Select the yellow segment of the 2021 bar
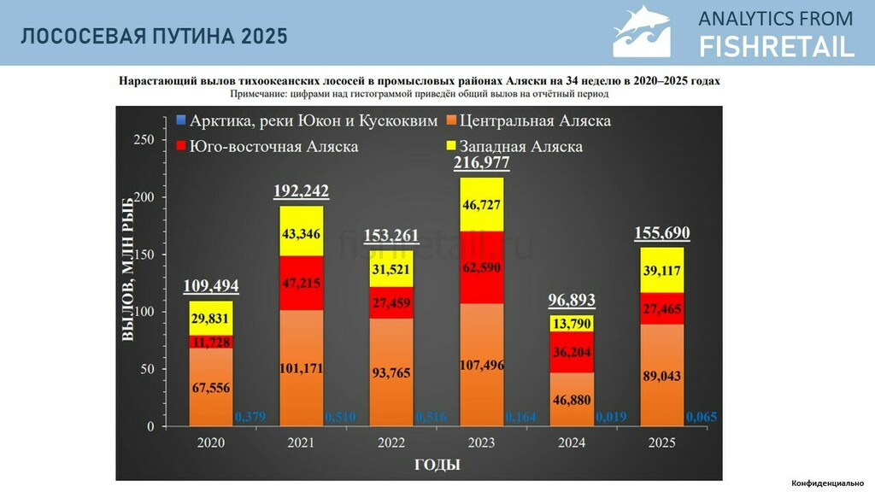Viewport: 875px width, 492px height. click(x=301, y=231)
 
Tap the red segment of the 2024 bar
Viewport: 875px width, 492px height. click(x=573, y=352)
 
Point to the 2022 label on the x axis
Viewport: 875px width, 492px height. click(x=391, y=442)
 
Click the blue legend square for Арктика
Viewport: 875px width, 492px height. click(x=180, y=120)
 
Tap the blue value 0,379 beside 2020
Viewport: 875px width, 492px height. click(x=249, y=417)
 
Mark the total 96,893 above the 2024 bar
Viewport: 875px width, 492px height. click(x=573, y=301)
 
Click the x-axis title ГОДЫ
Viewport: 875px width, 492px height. click(x=437, y=465)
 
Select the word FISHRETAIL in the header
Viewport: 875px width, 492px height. click(x=776, y=46)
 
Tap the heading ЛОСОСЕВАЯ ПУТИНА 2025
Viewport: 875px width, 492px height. click(x=155, y=36)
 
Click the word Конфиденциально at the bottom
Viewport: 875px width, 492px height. click(x=827, y=483)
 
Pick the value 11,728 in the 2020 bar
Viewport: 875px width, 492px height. click(x=210, y=342)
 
